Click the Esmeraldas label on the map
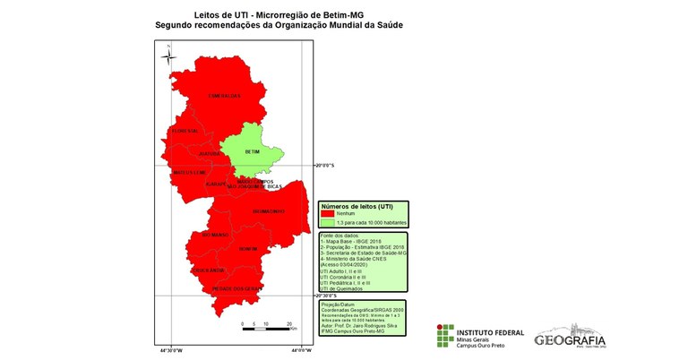pyautogui.click(x=225, y=95)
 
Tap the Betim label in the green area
pyautogui.click(x=239, y=151)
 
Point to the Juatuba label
pyautogui.click(x=209, y=153)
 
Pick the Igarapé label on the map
pyautogui.click(x=216, y=184)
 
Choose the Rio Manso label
pyautogui.click(x=217, y=236)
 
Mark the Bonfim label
pyautogui.click(x=248, y=248)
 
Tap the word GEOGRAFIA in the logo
pyautogui.click(x=570, y=339)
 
